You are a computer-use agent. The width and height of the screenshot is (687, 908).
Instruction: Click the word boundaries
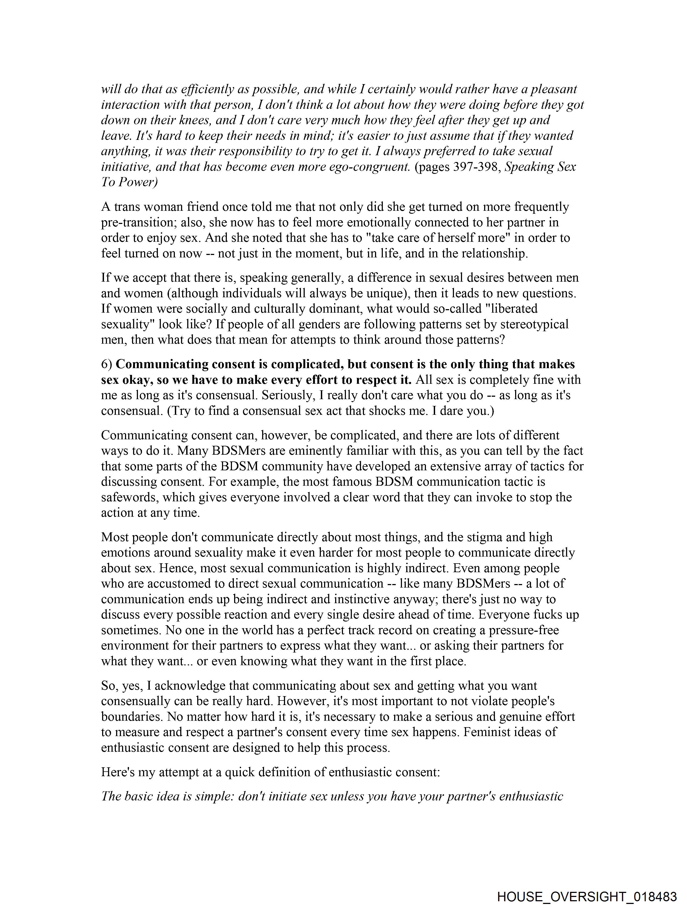click(127, 717)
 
